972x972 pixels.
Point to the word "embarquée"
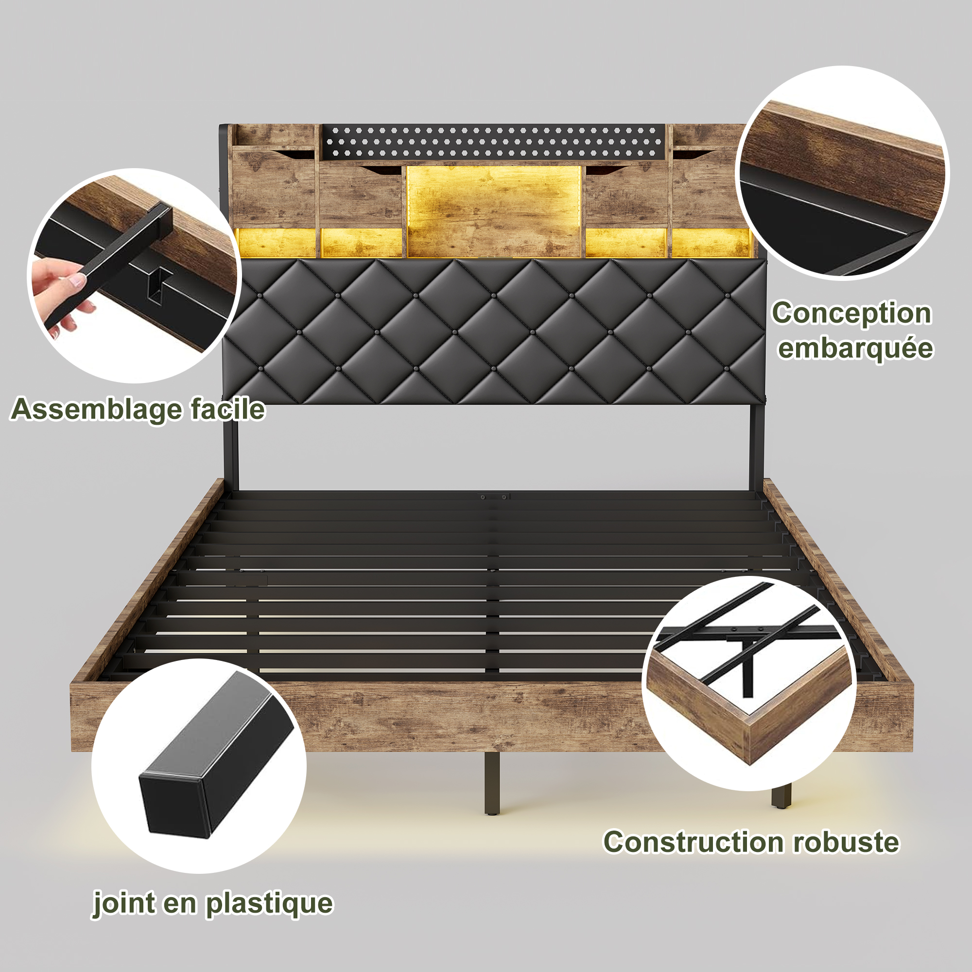855,348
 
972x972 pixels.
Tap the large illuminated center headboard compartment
495,211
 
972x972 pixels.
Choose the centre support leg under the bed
492,782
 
